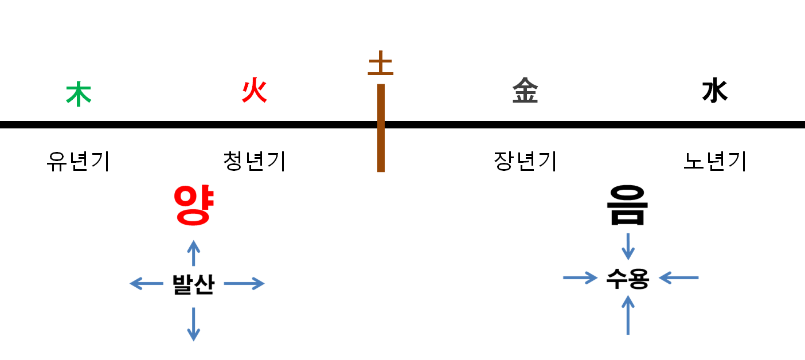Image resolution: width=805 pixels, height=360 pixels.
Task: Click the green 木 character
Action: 79,95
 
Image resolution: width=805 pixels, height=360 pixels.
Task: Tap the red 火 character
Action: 255,91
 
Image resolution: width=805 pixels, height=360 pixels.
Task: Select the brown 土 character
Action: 381,64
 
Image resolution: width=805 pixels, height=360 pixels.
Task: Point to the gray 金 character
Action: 525,91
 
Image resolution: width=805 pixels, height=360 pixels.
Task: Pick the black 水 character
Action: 715,91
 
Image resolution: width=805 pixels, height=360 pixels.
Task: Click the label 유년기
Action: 78,162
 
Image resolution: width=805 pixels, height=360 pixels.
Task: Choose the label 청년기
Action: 255,162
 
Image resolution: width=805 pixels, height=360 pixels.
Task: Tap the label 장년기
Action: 525,162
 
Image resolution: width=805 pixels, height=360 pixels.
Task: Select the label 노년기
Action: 715,162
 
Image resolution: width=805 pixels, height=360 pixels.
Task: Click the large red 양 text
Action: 194,206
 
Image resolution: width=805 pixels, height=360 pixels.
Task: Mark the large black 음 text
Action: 628,206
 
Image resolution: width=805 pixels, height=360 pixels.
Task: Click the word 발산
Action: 193,284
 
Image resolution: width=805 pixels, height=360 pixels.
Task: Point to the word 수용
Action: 628,279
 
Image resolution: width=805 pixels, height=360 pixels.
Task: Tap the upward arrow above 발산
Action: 194,253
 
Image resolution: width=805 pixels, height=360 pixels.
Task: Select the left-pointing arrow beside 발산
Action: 147,283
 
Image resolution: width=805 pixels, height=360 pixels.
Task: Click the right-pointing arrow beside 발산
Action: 244,283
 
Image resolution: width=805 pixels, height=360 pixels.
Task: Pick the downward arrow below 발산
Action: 194,324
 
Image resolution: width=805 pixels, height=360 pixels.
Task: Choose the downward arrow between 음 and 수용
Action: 628,246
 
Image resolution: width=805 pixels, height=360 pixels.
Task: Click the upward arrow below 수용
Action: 628,315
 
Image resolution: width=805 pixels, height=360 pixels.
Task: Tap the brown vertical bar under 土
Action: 381,128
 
